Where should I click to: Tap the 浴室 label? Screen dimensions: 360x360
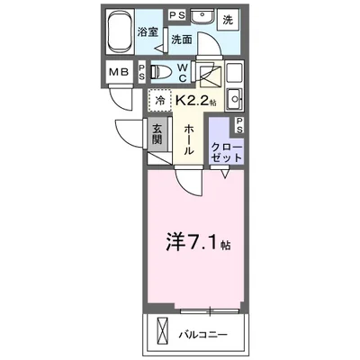[148, 32]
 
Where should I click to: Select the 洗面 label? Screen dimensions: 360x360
[182, 40]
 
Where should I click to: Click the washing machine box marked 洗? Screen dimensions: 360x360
[228, 20]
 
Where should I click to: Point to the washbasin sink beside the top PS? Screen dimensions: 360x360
[202, 15]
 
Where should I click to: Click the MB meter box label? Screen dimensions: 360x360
[119, 72]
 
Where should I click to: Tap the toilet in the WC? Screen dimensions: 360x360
[160, 72]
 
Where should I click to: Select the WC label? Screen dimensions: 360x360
[183, 72]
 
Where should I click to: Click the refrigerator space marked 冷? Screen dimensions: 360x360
[160, 100]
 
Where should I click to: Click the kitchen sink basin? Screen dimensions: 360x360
[235, 98]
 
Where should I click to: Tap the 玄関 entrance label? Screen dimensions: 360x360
[157, 133]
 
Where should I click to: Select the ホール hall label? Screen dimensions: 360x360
[188, 140]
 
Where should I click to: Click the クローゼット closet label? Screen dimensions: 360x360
[227, 152]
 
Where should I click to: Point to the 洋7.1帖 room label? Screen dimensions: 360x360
[198, 245]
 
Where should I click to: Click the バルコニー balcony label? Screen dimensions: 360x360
[203, 335]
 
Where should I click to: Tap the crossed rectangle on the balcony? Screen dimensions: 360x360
[164, 332]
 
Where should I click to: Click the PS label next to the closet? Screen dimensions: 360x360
[239, 125]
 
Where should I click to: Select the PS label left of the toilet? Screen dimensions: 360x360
[141, 72]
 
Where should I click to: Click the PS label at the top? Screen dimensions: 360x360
[177, 15]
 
